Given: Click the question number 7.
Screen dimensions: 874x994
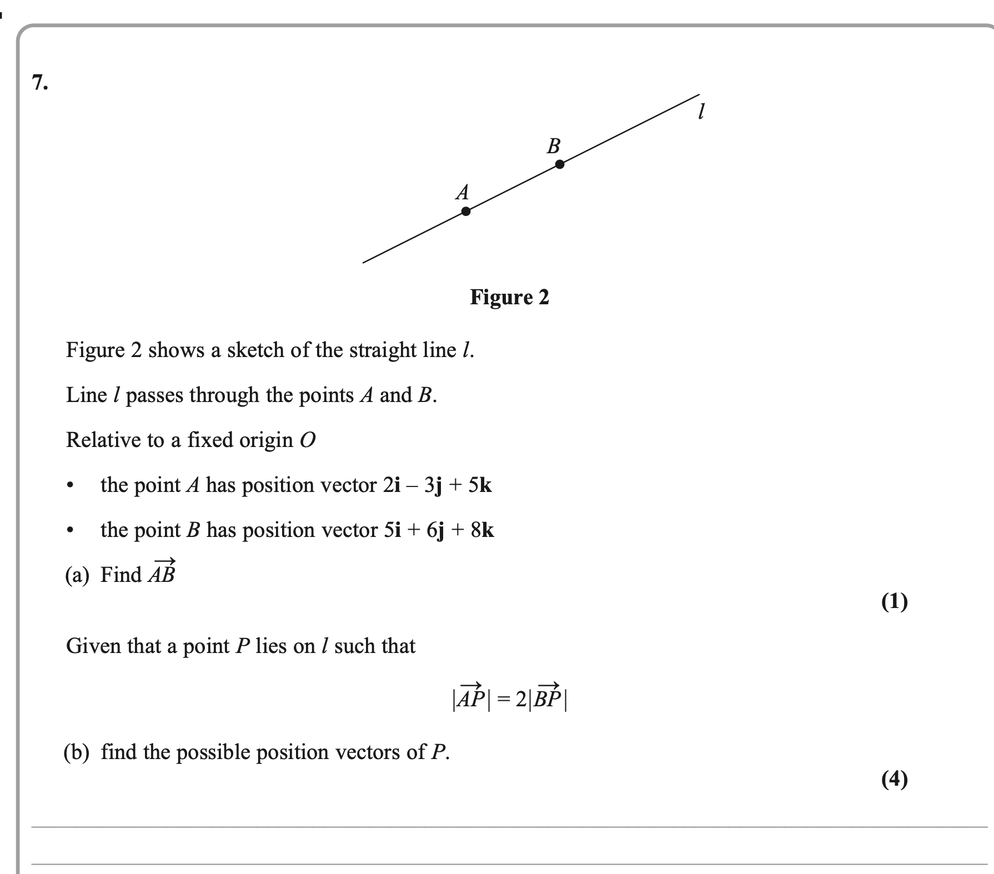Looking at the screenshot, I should click(40, 83).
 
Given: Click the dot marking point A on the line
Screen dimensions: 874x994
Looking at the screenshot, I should click(466, 211).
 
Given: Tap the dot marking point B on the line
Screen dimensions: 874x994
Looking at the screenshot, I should click(560, 164).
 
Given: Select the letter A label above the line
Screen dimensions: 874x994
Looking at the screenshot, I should click(462, 192).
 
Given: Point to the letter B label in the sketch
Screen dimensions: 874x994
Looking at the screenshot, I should click(554, 146).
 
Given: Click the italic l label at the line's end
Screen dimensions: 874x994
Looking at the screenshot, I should click(701, 113).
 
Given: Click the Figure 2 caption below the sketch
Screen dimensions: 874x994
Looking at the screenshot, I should click(509, 298).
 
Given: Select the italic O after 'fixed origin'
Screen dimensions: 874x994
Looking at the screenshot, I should click(307, 440).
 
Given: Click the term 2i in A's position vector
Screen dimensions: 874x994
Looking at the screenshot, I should click(391, 485).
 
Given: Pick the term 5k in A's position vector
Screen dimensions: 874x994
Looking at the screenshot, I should click(480, 485).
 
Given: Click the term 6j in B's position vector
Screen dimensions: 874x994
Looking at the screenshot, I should click(435, 530).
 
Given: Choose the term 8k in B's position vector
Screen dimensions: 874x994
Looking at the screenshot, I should click(482, 530).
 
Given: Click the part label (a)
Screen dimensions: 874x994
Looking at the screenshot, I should click(77, 575).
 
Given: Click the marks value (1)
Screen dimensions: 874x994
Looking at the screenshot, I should click(894, 601).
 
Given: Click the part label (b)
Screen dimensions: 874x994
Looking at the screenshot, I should click(77, 753).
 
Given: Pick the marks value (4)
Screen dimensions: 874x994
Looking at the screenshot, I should click(894, 779).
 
